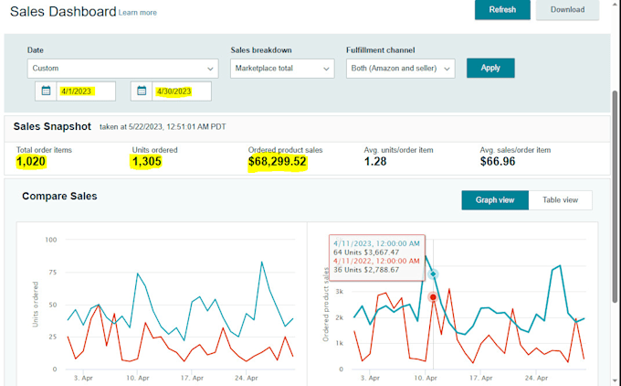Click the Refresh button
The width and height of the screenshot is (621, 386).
502,9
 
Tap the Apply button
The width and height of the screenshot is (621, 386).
490,68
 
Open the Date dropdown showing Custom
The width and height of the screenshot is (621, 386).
122,69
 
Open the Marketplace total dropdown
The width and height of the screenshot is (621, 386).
282,69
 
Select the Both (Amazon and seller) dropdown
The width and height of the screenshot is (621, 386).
400,69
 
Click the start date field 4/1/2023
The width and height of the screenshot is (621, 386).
86,91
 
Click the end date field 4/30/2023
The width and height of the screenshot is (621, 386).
182,91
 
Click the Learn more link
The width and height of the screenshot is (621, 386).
137,13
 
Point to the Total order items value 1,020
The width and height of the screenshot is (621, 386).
31,162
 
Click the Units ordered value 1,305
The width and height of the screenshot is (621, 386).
146,162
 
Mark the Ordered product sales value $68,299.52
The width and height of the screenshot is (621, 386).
278,162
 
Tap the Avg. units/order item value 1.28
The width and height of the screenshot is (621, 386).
375,162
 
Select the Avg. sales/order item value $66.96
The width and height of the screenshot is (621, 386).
498,162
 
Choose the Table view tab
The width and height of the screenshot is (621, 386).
560,200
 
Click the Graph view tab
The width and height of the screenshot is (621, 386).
495,200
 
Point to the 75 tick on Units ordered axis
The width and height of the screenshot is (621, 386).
53,273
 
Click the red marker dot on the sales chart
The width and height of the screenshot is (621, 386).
433,296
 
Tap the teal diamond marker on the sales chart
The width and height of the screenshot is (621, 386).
433,273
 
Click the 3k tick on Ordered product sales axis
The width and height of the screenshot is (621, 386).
340,291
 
